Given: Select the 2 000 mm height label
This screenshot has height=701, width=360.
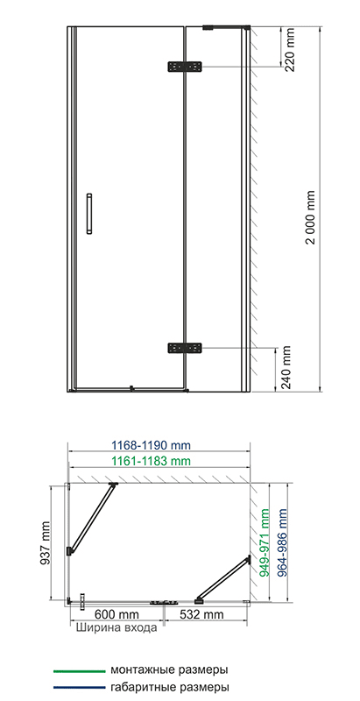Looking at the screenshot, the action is click(x=311, y=217).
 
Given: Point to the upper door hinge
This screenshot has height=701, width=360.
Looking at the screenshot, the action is click(x=185, y=67).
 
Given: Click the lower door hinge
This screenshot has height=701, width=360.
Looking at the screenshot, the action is click(x=185, y=347).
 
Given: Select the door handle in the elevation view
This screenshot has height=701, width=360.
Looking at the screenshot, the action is click(x=89, y=214).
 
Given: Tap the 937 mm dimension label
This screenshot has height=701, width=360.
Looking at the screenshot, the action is click(x=46, y=542).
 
